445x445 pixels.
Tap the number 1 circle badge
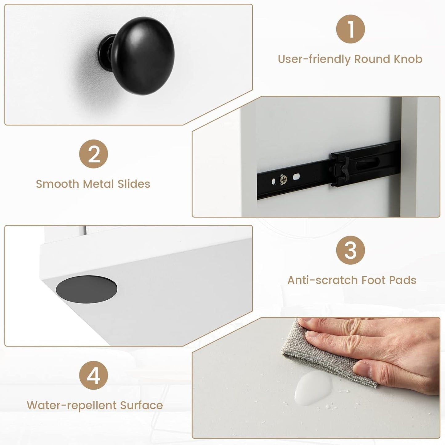(x=350, y=29)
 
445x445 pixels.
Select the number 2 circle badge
(x=94, y=154)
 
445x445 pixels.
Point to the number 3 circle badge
(x=350, y=250)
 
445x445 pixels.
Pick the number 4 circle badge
(x=94, y=375)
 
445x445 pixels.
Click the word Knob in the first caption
(x=408, y=59)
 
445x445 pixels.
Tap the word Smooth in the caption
(x=58, y=184)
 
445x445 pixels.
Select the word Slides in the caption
(x=134, y=184)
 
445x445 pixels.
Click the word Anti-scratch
(x=323, y=280)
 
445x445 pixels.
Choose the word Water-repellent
(x=71, y=406)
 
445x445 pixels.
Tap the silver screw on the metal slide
(x=283, y=179)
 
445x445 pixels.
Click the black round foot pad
(x=86, y=289)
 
